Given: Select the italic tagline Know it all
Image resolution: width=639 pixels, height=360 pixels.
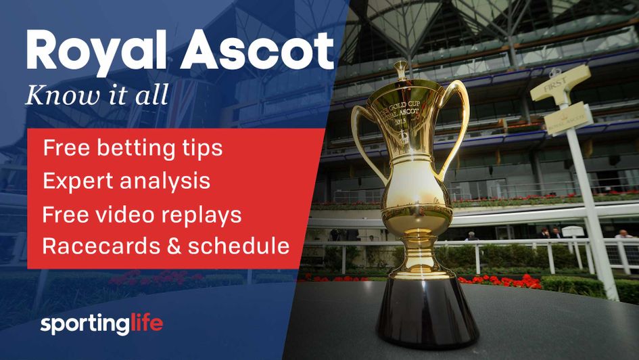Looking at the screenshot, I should click(x=96, y=95).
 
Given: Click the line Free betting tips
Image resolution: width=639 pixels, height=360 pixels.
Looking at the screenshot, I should click(x=133, y=148).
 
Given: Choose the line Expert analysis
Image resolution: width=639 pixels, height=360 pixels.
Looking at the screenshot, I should click(x=126, y=181).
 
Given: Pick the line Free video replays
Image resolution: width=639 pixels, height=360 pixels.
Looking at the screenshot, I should click(x=142, y=214).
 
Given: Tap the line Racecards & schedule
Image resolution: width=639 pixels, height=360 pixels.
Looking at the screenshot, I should click(x=166, y=246).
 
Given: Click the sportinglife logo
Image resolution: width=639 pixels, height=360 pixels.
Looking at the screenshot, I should click(x=101, y=323).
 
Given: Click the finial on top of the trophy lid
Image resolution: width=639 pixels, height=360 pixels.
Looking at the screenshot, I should click(x=401, y=69).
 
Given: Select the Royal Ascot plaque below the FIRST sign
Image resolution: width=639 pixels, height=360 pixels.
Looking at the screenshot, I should click(x=568, y=118).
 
